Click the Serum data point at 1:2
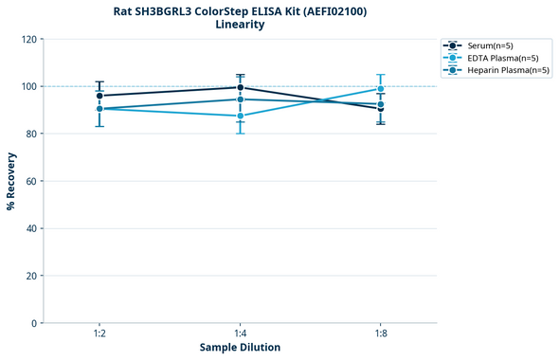[x=99, y=96]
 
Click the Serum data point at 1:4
[x=240, y=87]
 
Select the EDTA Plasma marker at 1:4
[x=240, y=116]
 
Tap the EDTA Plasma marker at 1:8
[x=381, y=89]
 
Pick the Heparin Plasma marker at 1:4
[x=240, y=99]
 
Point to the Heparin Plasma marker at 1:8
[x=381, y=104]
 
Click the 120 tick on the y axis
[x=28, y=39]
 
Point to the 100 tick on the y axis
[x=28, y=86]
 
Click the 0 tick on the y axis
[x=34, y=323]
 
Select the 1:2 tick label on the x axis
[x=99, y=333]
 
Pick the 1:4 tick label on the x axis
[x=240, y=333]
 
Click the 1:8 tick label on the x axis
[x=381, y=333]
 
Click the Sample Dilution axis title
[x=240, y=348]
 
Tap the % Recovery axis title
[x=11, y=181]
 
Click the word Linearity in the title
[x=240, y=25]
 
